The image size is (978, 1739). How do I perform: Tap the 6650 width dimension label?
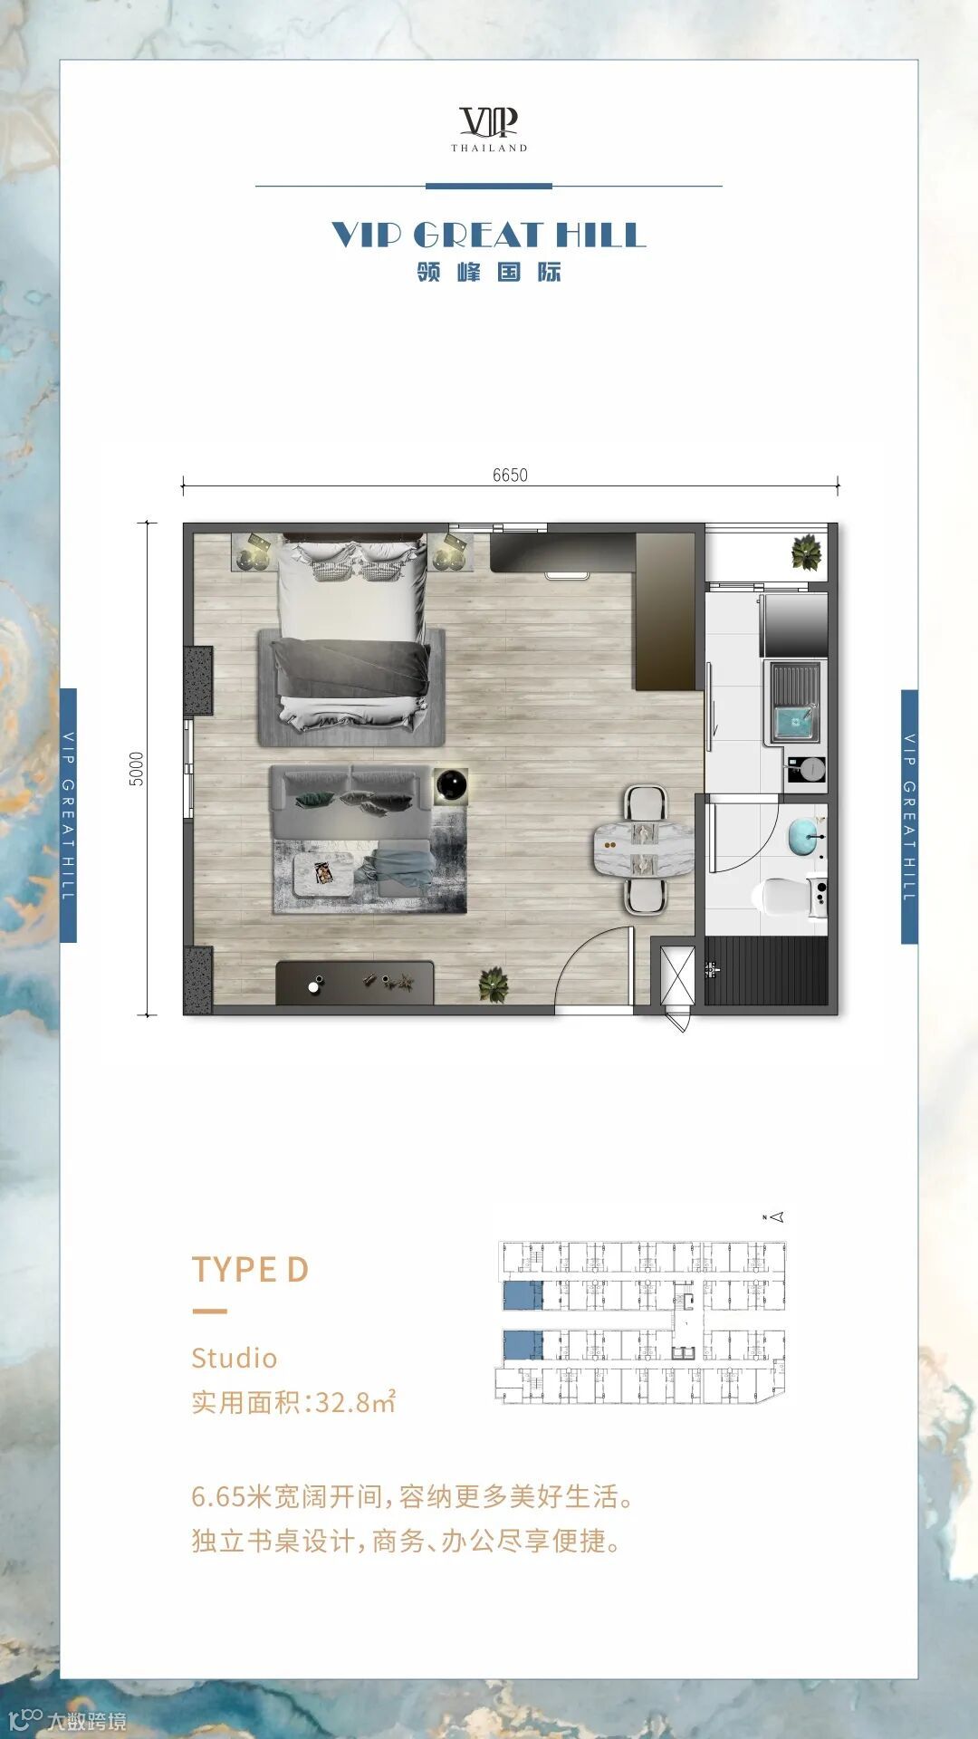coord(510,476)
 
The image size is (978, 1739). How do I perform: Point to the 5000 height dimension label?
coord(137,769)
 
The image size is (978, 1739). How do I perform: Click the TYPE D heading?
coord(250,1270)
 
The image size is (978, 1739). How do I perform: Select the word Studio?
coord(235,1358)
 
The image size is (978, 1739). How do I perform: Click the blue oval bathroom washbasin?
coord(801,836)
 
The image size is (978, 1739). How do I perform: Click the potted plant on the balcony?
coord(806,553)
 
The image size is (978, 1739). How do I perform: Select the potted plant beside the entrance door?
coord(494,985)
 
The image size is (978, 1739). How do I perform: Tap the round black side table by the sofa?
coord(451,785)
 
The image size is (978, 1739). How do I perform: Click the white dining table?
coord(644,849)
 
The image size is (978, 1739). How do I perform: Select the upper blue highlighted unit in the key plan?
coord(523,1296)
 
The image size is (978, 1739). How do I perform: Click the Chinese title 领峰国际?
coord(489,272)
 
